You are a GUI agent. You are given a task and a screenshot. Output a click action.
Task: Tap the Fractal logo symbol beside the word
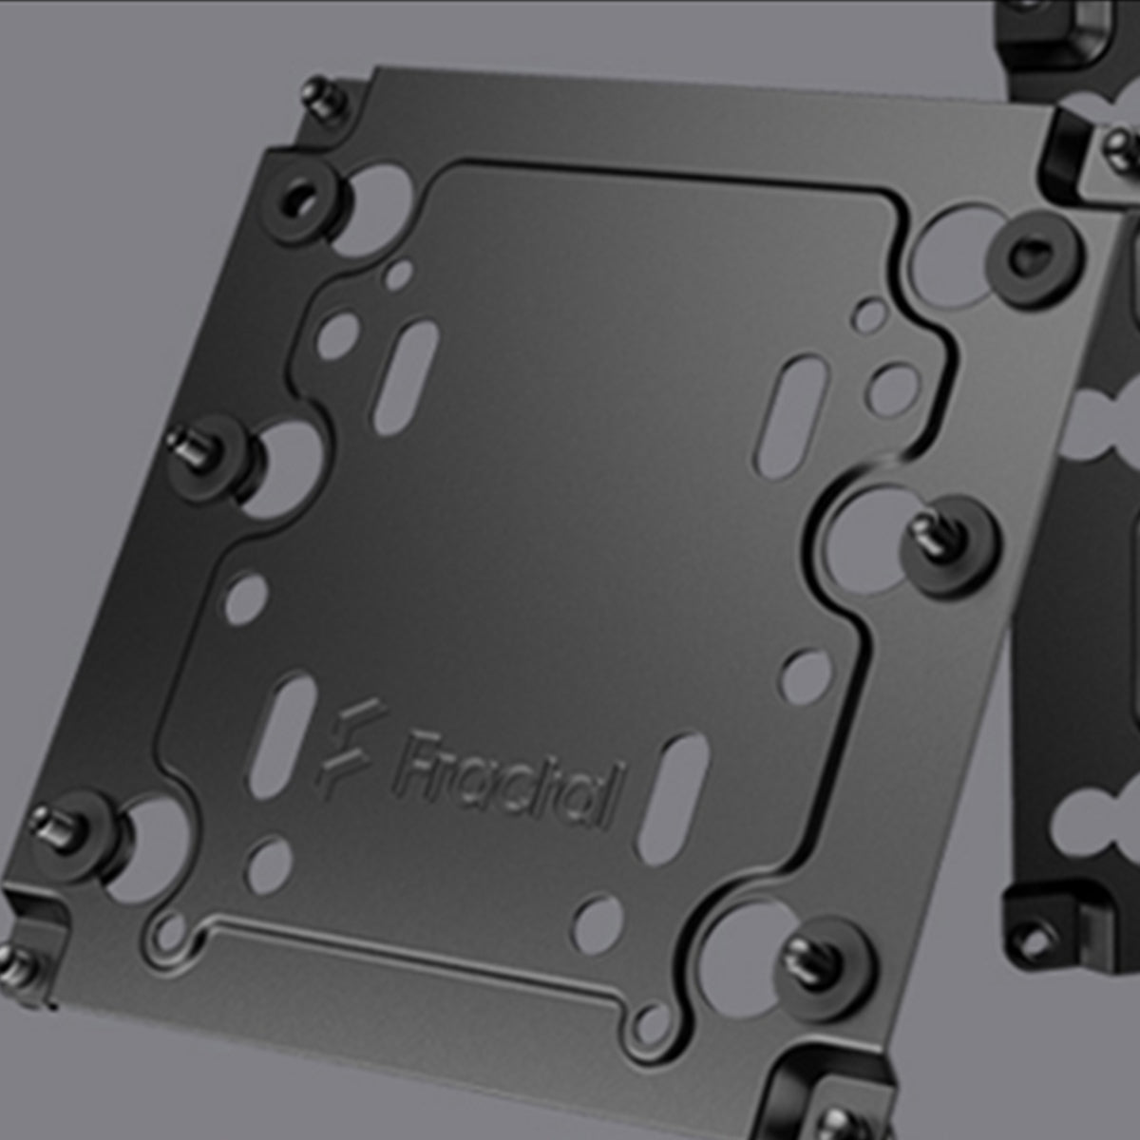tap(350, 748)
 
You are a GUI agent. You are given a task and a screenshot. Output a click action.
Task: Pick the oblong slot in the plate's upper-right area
tap(790, 416)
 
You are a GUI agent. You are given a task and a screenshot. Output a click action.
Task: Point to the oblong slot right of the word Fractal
tap(674, 799)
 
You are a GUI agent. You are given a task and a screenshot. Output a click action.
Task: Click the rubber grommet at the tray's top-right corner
tap(1034, 259)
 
